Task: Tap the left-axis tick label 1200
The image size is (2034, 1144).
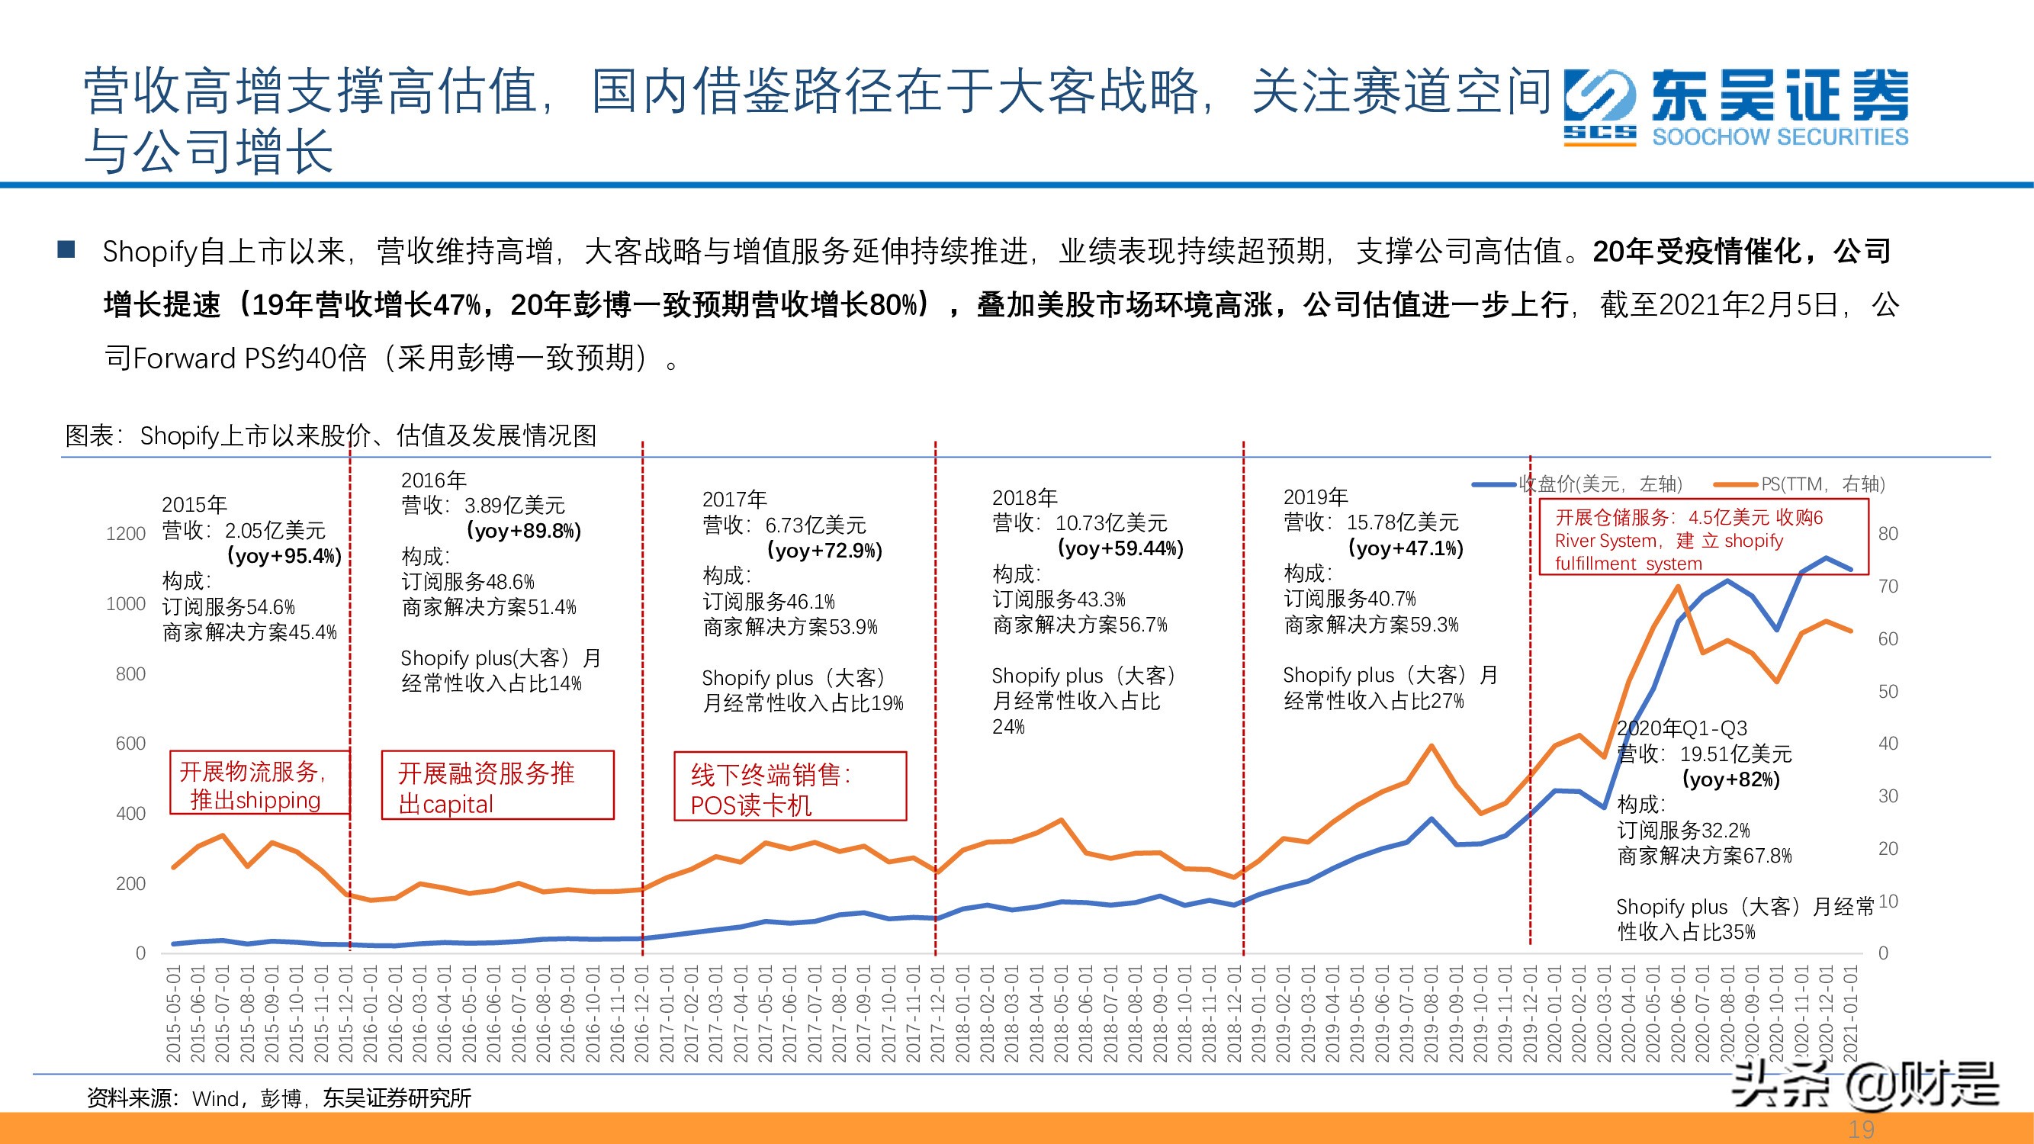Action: [126, 534]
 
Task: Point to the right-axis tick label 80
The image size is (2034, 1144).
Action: [1888, 534]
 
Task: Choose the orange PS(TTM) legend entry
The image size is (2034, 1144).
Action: [1801, 484]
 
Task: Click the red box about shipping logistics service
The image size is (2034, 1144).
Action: [259, 783]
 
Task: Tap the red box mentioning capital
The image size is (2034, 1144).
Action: [497, 786]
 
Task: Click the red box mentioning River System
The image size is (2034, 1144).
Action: [1702, 538]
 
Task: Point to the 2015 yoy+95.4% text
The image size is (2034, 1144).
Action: [284, 556]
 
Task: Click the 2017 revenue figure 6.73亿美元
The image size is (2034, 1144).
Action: [815, 525]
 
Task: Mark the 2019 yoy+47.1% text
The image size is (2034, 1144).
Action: [1406, 548]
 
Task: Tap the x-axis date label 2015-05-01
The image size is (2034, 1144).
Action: [174, 1014]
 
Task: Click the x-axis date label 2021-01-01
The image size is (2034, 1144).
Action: [1851, 1014]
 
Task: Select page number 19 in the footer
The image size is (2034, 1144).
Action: [1861, 1130]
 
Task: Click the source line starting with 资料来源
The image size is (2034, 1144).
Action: [278, 1098]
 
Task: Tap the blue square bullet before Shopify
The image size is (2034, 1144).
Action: [66, 250]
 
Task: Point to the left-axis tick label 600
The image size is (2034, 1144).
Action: [130, 744]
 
